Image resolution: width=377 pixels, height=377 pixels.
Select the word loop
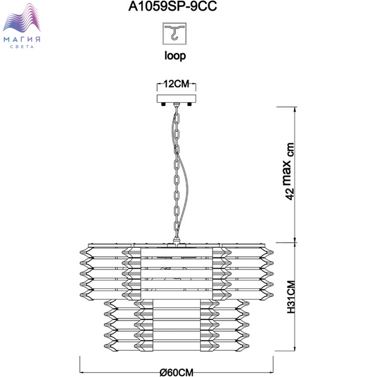tap(174, 56)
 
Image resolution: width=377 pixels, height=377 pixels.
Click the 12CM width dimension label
tap(176, 85)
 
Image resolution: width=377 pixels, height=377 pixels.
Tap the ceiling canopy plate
tap(177, 100)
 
